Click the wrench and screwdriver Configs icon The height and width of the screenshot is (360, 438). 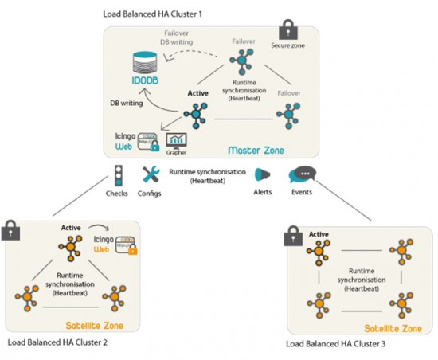[x=150, y=174]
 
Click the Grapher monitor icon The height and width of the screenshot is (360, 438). [x=177, y=142]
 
